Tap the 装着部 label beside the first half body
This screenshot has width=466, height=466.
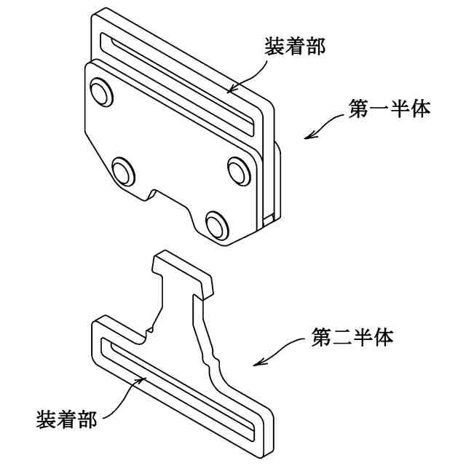294,47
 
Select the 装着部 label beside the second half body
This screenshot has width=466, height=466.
67,419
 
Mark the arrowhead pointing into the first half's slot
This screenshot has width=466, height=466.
230,90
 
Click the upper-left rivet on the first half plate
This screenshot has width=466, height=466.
99,92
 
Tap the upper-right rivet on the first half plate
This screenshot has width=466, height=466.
238,169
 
